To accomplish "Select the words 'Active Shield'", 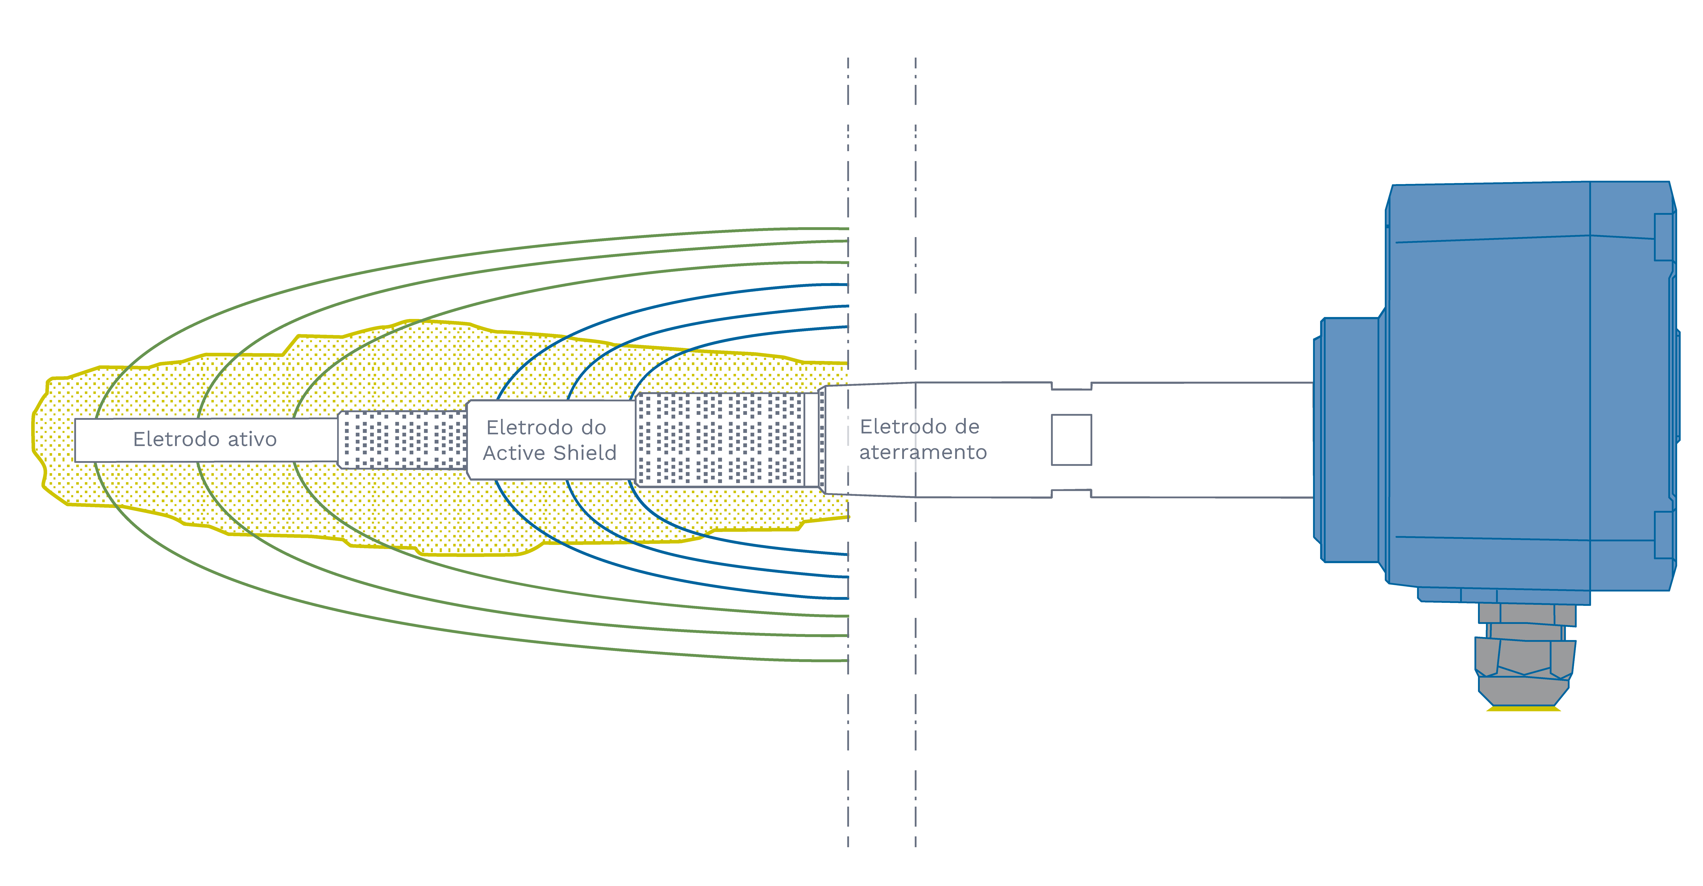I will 549,453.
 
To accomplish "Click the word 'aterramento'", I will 923,452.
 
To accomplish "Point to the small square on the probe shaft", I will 1071,440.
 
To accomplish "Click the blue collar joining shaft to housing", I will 1349,440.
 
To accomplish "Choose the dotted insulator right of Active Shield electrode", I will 721,440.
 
